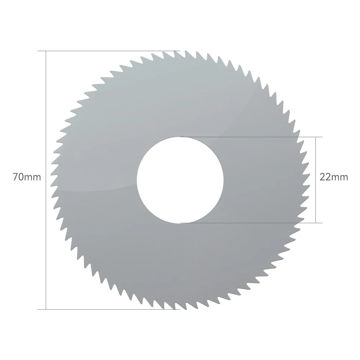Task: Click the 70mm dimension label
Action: point(27,177)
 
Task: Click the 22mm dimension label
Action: point(334,177)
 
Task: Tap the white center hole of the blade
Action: point(180,180)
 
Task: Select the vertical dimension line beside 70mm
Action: point(46,180)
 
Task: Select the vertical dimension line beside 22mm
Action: point(316,180)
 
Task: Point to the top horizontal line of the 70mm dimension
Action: point(109,51)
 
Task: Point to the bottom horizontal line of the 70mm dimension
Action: point(109,310)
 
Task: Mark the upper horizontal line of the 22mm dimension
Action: point(251,137)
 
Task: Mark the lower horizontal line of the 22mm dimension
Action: point(251,223)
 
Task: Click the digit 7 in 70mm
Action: point(15,177)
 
